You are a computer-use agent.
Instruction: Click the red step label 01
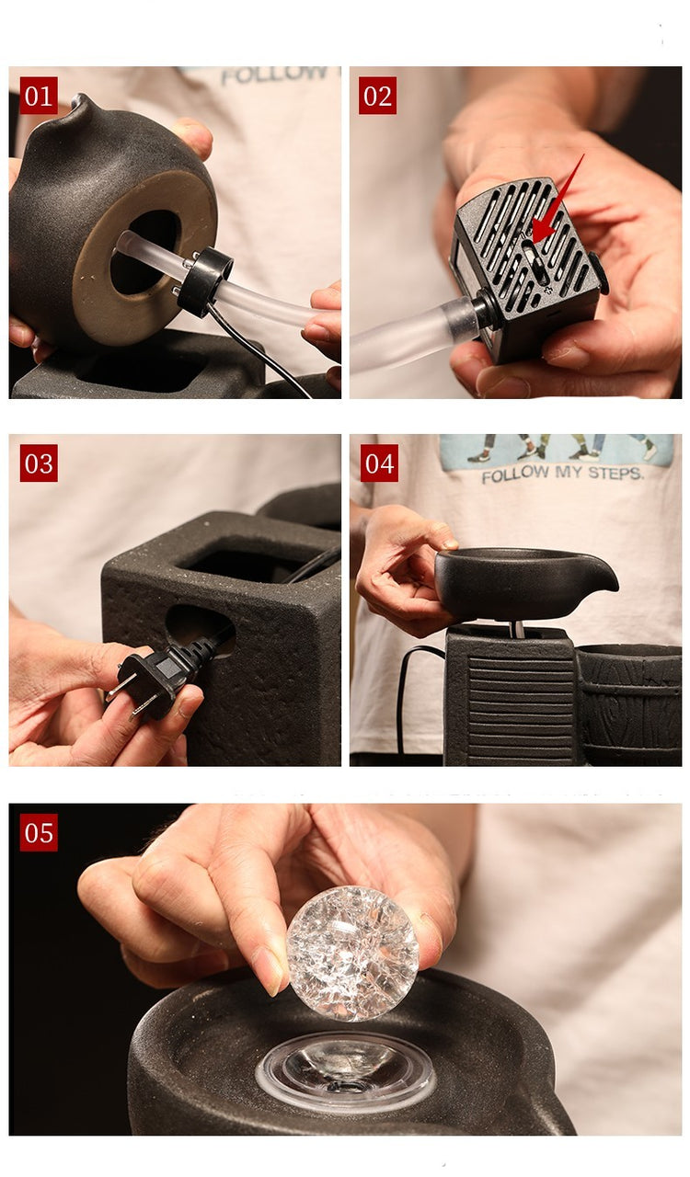coord(39,95)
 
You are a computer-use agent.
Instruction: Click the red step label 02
coord(377,95)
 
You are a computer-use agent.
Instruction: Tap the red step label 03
coord(39,463)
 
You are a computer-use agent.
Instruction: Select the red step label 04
coord(379,463)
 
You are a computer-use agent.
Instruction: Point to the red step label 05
coord(39,832)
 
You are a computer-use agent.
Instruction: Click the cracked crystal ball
coord(352,954)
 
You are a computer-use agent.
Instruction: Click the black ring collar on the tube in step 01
coord(204,281)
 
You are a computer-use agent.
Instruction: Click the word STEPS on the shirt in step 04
coord(615,474)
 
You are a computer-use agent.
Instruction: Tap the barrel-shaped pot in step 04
coord(629,704)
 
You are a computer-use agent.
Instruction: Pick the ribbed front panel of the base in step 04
coord(521,707)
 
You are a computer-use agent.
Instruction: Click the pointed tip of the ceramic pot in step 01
coord(79,97)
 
